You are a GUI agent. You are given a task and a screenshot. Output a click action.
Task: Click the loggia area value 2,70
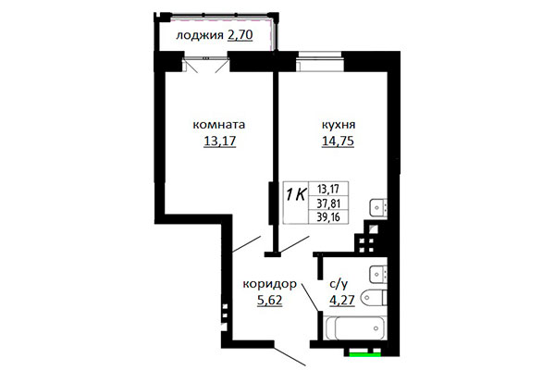coord(240,35)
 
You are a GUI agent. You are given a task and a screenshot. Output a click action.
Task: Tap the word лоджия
coord(200,36)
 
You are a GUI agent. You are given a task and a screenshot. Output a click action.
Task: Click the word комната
coord(218,125)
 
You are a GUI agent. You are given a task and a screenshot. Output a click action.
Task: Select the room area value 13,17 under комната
coord(220,142)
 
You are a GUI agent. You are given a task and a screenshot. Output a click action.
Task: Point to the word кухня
coord(339,125)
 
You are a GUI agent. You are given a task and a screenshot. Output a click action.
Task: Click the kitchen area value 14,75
coord(338,142)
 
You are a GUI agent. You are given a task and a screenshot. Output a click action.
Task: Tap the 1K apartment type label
coord(296,195)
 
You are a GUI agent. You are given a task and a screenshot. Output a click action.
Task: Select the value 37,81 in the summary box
coord(328,203)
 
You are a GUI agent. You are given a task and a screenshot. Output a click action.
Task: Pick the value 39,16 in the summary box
coord(328,216)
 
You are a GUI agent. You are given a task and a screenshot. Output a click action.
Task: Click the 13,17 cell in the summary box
coord(328,189)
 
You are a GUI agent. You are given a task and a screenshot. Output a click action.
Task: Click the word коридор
coord(270,285)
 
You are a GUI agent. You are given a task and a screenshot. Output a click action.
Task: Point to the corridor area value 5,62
coord(270,301)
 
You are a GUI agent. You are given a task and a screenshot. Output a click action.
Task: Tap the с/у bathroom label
coord(339,284)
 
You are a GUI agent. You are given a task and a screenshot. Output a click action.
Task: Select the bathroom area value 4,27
coord(342,301)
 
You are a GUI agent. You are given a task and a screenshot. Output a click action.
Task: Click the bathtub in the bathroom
coord(356,327)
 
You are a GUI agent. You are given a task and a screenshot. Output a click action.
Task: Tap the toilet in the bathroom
coord(375,298)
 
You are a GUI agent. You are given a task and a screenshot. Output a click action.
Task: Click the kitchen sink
coord(378,207)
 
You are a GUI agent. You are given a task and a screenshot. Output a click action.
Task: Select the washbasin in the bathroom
coord(378,274)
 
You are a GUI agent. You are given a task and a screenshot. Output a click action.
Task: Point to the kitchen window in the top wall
coord(320,62)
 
